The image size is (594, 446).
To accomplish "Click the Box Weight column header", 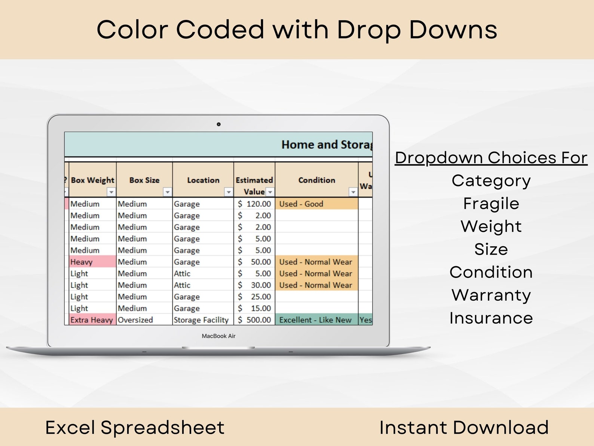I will point(92,180).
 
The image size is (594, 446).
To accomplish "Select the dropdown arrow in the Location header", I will point(229,192).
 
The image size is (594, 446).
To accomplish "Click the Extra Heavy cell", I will point(92,320).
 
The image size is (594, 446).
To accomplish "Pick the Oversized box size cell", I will point(135,320).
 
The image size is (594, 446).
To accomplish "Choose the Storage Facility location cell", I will point(201,320).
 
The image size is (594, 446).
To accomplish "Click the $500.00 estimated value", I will point(255,320).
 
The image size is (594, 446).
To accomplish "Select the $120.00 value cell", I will point(255,204).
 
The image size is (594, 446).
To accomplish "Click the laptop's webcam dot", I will point(219,124).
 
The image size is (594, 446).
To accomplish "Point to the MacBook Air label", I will point(219,336).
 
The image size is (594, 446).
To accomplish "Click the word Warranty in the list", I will point(491,295).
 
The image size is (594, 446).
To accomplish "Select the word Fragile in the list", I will point(491,204).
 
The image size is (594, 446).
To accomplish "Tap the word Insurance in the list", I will point(491,318).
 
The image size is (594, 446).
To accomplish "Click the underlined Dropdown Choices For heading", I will point(491,158).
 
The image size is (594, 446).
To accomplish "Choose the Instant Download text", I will point(464,427).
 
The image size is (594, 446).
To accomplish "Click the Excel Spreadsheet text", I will point(135,427).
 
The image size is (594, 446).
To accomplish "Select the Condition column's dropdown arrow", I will point(353,192).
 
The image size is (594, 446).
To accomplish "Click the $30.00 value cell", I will point(255,285).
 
